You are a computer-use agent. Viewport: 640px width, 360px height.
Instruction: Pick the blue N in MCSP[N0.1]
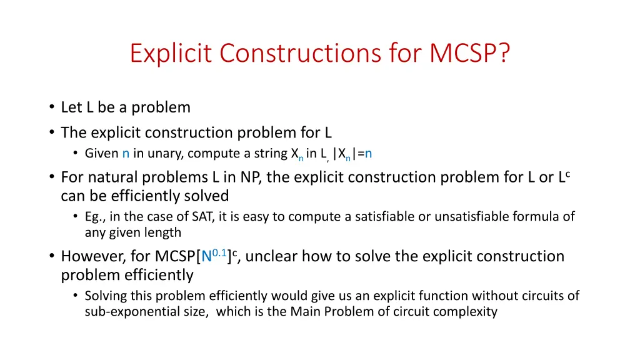(x=206, y=257)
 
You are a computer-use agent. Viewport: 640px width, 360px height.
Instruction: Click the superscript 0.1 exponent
(x=219, y=252)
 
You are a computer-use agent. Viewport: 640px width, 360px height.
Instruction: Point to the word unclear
(x=271, y=257)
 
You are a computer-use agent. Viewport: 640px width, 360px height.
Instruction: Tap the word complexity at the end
(x=468, y=311)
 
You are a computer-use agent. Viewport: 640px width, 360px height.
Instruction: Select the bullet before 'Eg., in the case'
(x=76, y=217)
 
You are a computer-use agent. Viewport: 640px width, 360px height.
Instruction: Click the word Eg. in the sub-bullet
(x=95, y=217)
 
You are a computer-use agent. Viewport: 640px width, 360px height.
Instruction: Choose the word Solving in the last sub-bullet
(x=104, y=296)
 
